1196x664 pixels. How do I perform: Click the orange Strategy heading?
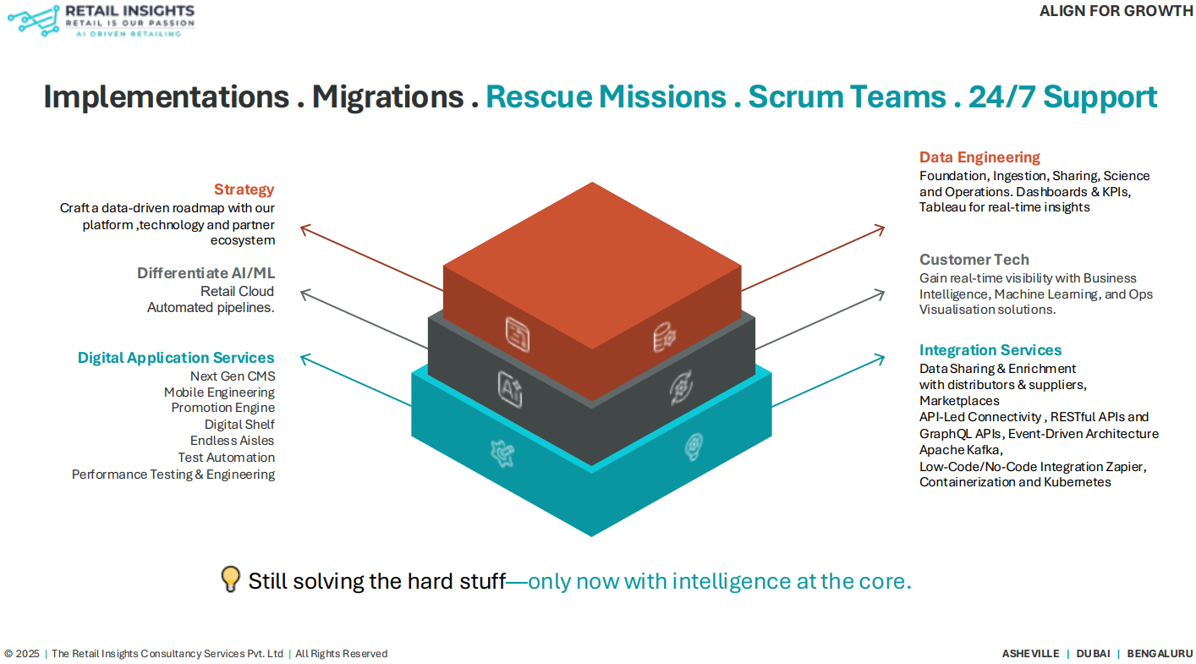click(x=244, y=189)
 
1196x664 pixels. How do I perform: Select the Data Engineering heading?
click(x=979, y=157)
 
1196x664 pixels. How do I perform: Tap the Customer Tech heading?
click(x=974, y=260)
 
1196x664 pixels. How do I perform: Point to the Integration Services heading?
click(x=990, y=350)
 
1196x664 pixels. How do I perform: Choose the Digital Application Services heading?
click(x=176, y=358)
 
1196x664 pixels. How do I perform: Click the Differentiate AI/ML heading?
click(x=206, y=273)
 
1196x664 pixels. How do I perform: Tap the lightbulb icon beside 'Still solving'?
click(x=231, y=579)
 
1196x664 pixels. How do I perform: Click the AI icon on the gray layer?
click(x=510, y=390)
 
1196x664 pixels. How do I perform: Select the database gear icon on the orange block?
click(x=665, y=337)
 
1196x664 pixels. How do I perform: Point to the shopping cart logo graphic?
click(x=34, y=21)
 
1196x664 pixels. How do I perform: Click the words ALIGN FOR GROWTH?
click(x=1116, y=11)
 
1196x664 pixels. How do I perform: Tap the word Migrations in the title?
click(x=387, y=96)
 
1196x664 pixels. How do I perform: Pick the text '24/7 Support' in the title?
click(x=1062, y=96)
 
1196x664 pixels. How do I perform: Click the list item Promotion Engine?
click(x=223, y=408)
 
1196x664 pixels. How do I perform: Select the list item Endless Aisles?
click(x=233, y=441)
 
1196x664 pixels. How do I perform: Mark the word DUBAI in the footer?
click(x=1093, y=654)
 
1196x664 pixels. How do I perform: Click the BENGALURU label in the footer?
click(x=1160, y=654)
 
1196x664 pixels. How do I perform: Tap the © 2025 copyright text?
click(x=22, y=654)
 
